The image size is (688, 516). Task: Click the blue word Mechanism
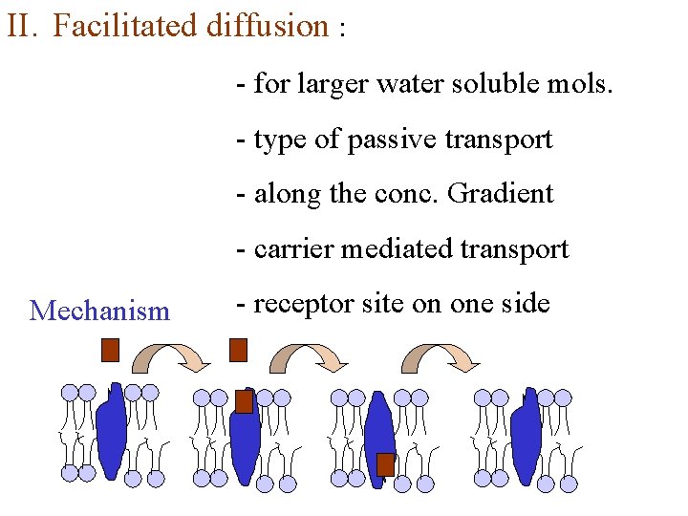click(x=99, y=311)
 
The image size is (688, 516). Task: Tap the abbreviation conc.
click(x=398, y=194)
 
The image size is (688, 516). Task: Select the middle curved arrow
click(x=310, y=355)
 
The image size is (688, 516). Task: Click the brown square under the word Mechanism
click(x=110, y=350)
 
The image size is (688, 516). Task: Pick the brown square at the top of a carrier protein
click(x=245, y=401)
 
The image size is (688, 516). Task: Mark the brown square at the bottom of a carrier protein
click(x=385, y=464)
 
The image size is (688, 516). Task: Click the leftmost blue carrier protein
click(x=112, y=430)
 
